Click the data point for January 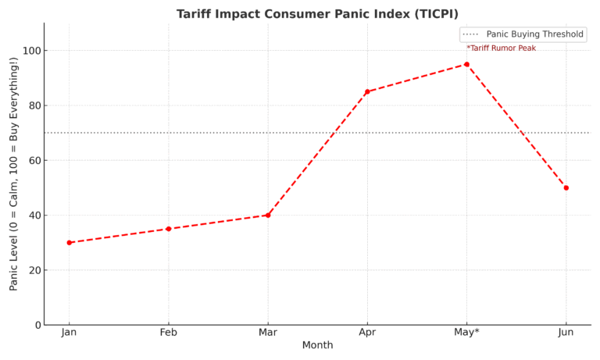(x=69, y=243)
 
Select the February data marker (x=168, y=229)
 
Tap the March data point (x=268, y=215)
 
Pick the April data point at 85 (x=367, y=91)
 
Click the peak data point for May (x=466, y=64)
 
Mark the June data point (x=566, y=187)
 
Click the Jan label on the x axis (x=69, y=332)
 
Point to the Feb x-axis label (x=168, y=332)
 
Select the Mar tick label (x=268, y=332)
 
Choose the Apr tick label (x=367, y=332)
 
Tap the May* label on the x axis (x=467, y=332)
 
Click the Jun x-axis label (x=566, y=332)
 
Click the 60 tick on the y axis (x=33, y=161)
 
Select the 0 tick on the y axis (x=36, y=325)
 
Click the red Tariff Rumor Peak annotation (x=501, y=48)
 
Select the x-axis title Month (x=317, y=345)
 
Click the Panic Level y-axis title (x=14, y=174)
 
